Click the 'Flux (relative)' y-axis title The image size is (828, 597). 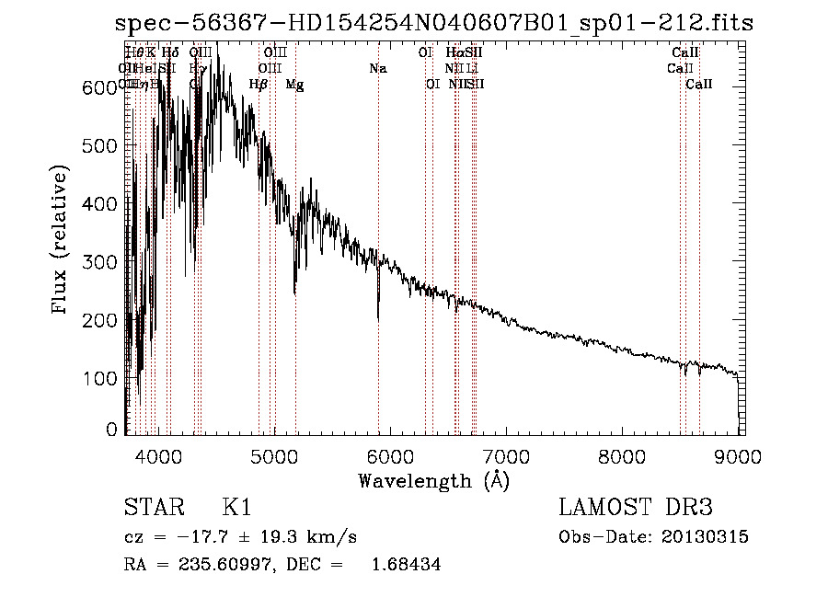pyautogui.click(x=62, y=241)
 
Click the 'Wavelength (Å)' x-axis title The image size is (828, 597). pyautogui.click(x=433, y=480)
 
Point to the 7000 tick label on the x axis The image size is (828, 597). pyautogui.click(x=505, y=455)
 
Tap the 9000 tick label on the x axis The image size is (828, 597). pyautogui.click(x=737, y=455)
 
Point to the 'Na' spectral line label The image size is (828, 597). pyautogui.click(x=378, y=69)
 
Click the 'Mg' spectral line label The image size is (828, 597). pyautogui.click(x=294, y=85)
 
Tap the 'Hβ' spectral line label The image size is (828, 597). pyautogui.click(x=259, y=85)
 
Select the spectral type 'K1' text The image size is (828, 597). pyautogui.click(x=236, y=509)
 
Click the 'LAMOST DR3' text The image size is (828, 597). pyautogui.click(x=636, y=509)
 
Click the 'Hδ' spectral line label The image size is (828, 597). pyautogui.click(x=170, y=53)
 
